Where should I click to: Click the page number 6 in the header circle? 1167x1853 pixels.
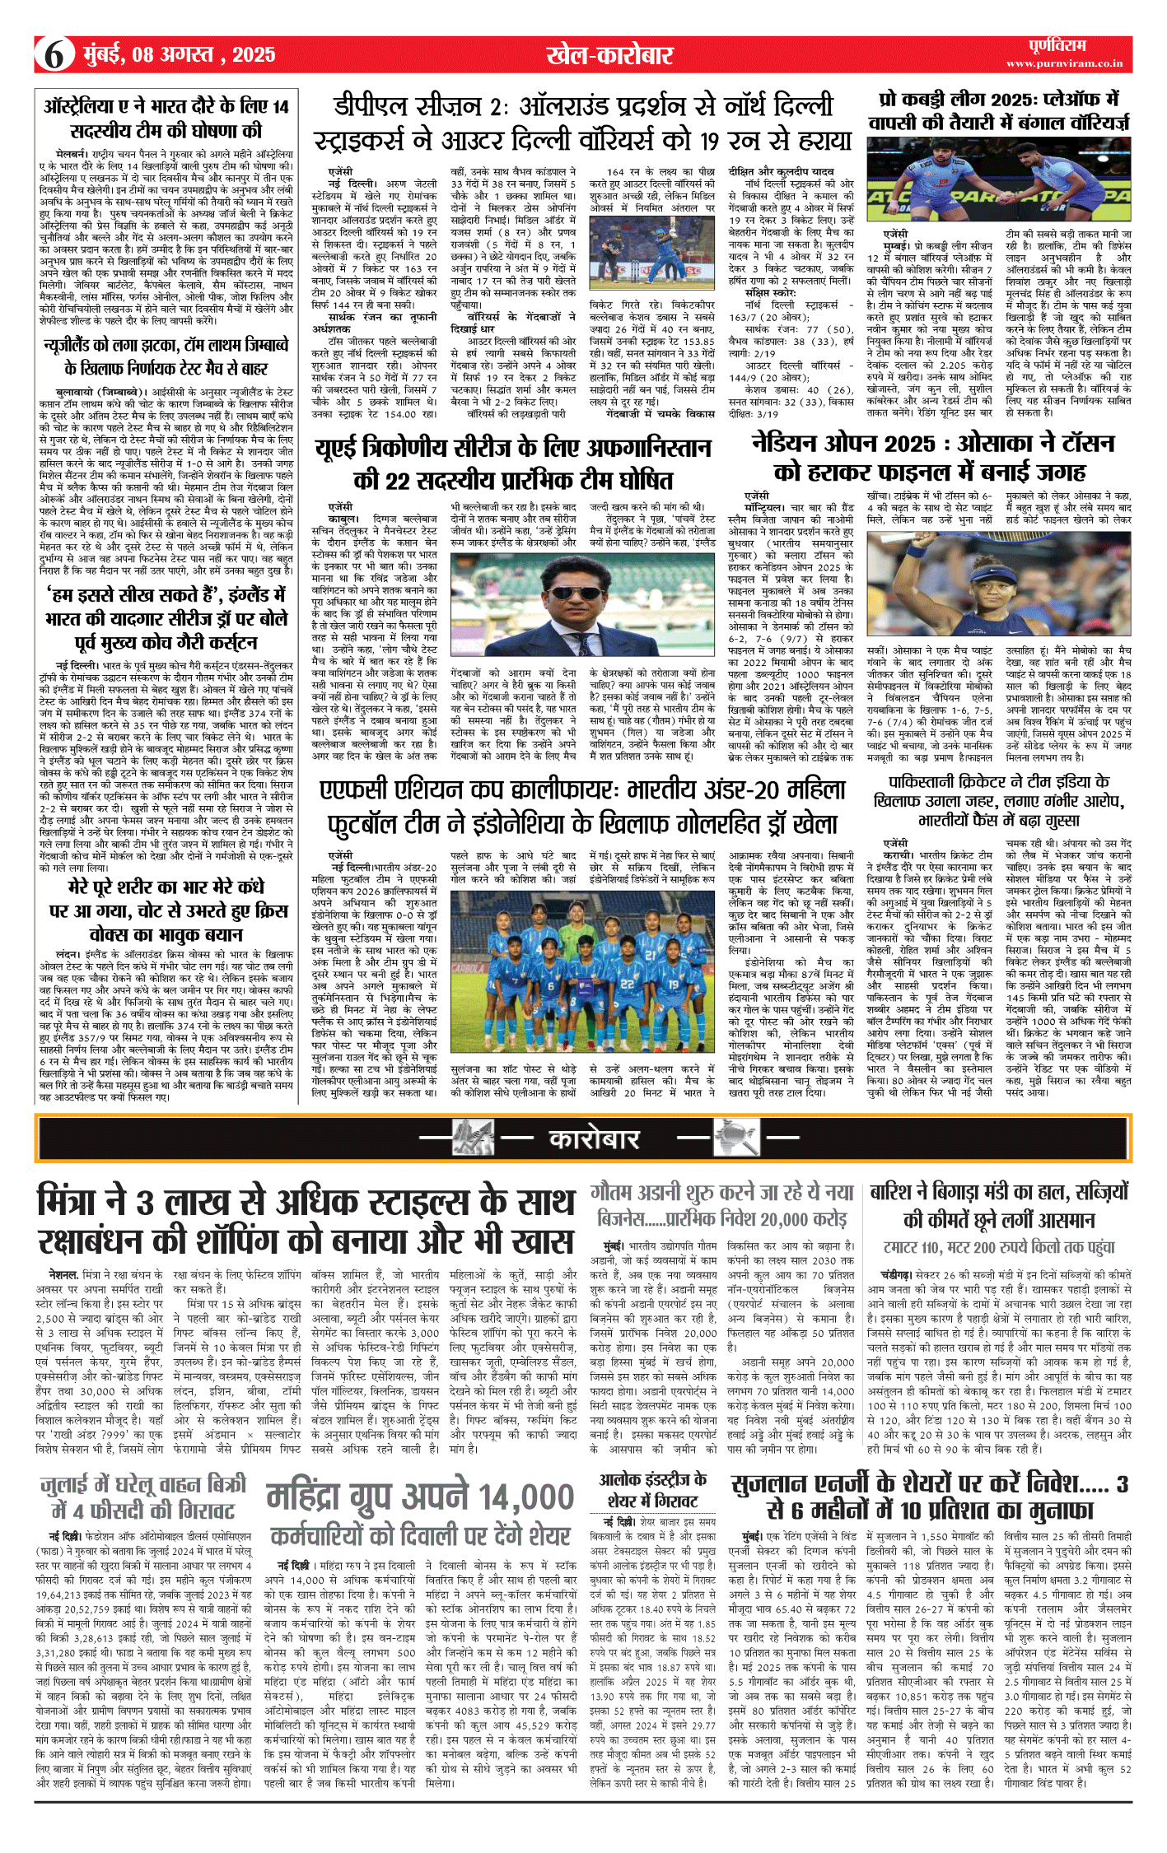point(54,54)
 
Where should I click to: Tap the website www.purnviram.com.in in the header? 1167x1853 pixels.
point(1064,63)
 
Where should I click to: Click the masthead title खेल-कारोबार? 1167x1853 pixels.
point(610,55)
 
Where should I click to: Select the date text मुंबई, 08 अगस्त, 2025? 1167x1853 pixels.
point(180,55)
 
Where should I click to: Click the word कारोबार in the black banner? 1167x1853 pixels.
point(594,1139)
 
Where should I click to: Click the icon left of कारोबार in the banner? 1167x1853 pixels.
point(474,1138)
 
